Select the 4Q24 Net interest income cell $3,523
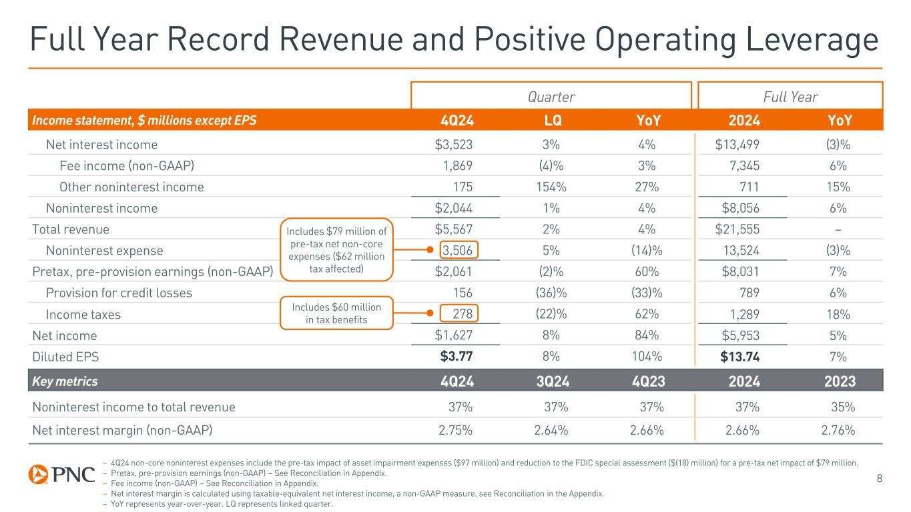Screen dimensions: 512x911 pyautogui.click(x=455, y=145)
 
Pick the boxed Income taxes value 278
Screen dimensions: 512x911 pyautogui.click(x=462, y=314)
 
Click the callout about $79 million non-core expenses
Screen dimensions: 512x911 pyautogui.click(x=336, y=249)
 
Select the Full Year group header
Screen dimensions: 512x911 pyautogui.click(x=791, y=97)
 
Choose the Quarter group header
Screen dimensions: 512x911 pyautogui.click(x=551, y=97)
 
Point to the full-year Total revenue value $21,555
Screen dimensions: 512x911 pyautogui.click(x=737, y=229)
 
